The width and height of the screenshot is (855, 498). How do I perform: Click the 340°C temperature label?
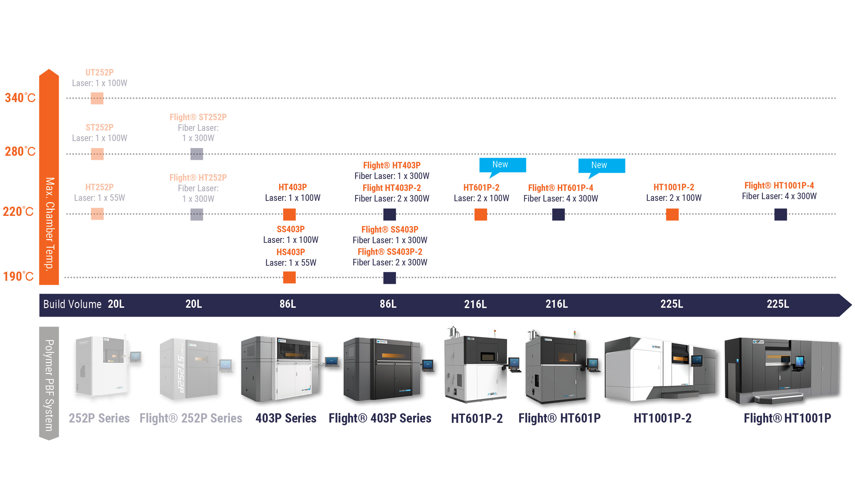pyautogui.click(x=20, y=98)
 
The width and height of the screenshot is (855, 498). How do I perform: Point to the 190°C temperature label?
pyautogui.click(x=18, y=276)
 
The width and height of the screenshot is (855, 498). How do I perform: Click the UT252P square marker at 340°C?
pyautogui.click(x=97, y=98)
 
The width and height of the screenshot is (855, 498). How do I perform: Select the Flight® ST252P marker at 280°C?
pyautogui.click(x=197, y=154)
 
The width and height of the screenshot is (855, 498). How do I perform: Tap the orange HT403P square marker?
pyautogui.click(x=289, y=215)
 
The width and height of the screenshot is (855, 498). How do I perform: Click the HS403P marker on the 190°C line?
pyautogui.click(x=289, y=277)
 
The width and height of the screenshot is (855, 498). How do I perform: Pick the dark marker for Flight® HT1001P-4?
pyautogui.click(x=780, y=215)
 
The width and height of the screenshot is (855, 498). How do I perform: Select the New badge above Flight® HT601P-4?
pyautogui.click(x=601, y=166)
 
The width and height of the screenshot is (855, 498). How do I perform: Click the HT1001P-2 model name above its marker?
pyautogui.click(x=674, y=187)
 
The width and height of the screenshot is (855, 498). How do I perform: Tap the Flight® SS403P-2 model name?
pyautogui.click(x=390, y=252)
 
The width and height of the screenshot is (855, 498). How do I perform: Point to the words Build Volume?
pyautogui.click(x=72, y=304)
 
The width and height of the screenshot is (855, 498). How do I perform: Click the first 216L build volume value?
pyautogui.click(x=475, y=304)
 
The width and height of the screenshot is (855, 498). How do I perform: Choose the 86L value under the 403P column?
pyautogui.click(x=288, y=304)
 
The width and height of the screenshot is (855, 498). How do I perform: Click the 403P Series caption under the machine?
pyautogui.click(x=286, y=418)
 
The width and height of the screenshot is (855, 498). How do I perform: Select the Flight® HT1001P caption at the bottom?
pyautogui.click(x=787, y=418)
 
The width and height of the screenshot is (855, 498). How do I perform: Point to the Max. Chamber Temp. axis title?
pyautogui.click(x=50, y=224)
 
